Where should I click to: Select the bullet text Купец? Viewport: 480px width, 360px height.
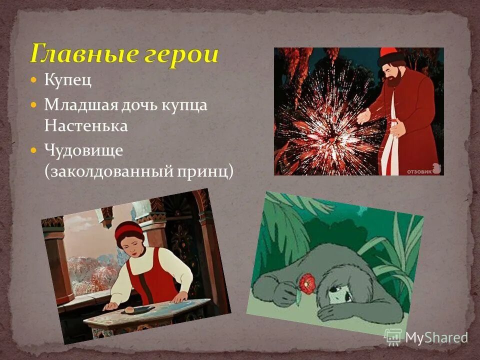coord(68,80)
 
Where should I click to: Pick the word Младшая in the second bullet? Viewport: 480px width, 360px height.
coord(74,105)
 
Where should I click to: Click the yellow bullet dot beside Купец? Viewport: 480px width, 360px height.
coord(34,80)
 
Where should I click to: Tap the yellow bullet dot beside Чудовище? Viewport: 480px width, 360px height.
coord(34,149)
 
